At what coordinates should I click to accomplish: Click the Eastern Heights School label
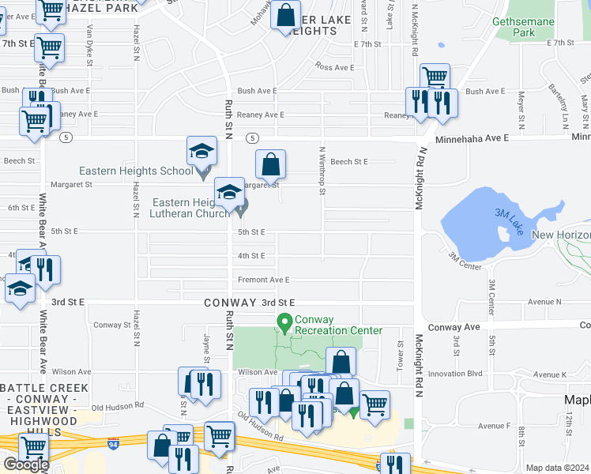pyautogui.click(x=135, y=171)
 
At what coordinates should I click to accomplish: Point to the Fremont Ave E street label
pyautogui.click(x=264, y=280)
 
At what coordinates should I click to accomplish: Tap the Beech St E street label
pyautogui.click(x=349, y=161)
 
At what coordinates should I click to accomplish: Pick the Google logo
pyautogui.click(x=26, y=465)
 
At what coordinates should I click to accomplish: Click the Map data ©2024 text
pyautogui.click(x=558, y=468)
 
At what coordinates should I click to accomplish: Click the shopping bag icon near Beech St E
pyautogui.click(x=270, y=164)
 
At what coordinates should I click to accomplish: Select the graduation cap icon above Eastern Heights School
pyautogui.click(x=201, y=150)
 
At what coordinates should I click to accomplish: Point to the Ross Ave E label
pyautogui.click(x=334, y=67)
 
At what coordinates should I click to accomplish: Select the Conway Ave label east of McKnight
pyautogui.click(x=454, y=326)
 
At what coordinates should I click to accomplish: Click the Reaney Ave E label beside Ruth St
pyautogui.click(x=261, y=115)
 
